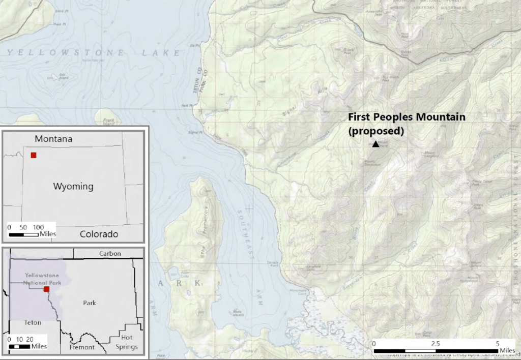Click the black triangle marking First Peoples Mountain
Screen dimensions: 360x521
(x=375, y=144)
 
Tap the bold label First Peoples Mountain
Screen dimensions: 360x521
(x=406, y=117)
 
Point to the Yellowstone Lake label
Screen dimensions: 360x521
(x=94, y=53)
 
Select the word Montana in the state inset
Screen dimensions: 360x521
(x=54, y=139)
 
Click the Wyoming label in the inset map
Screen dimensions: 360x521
(x=73, y=186)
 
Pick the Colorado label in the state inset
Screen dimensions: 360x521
(x=99, y=234)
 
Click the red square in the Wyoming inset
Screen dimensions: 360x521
(x=34, y=155)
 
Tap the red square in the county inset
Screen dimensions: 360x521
(x=46, y=289)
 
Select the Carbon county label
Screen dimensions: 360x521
(x=110, y=253)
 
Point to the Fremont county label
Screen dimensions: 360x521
(x=82, y=347)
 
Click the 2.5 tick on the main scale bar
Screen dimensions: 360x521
(x=436, y=344)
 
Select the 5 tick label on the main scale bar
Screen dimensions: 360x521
(x=497, y=344)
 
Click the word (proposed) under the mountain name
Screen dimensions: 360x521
(x=375, y=130)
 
